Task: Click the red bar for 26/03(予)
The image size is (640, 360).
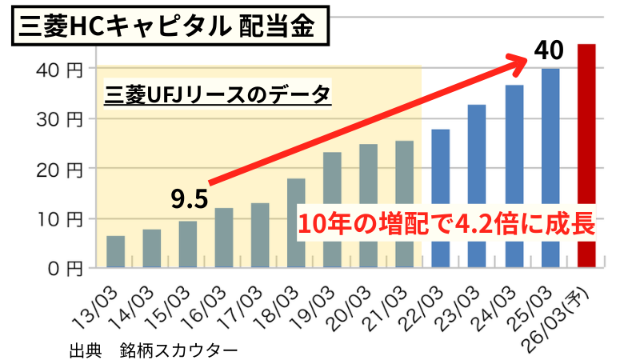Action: (x=586, y=156)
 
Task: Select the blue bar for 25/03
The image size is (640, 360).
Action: (x=550, y=168)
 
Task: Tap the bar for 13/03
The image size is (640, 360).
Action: (x=115, y=252)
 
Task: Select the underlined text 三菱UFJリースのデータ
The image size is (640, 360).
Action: (x=218, y=95)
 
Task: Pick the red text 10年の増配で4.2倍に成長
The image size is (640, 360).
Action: (x=447, y=223)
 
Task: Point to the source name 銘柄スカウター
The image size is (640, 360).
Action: (x=178, y=350)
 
